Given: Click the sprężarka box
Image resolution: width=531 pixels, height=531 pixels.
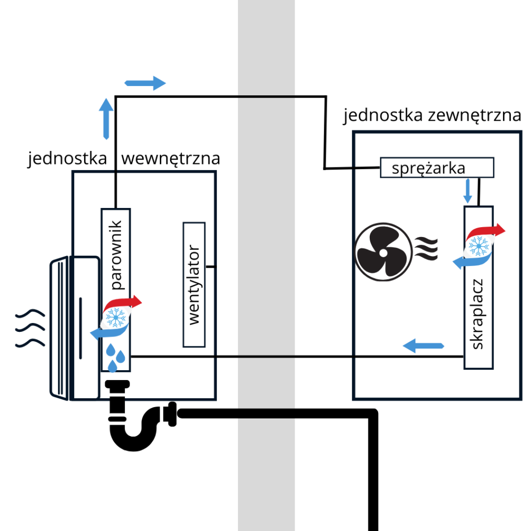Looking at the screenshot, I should [x=437, y=167].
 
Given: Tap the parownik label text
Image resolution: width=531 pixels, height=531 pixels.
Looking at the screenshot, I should [x=116, y=255].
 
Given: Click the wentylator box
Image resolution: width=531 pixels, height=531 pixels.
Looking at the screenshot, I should [x=194, y=285].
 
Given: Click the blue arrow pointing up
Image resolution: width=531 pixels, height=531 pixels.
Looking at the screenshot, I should [x=106, y=118].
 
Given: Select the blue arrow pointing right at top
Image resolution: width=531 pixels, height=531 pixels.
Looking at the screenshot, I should [x=145, y=83].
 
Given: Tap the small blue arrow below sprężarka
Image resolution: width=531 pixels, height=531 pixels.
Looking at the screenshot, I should [x=468, y=191].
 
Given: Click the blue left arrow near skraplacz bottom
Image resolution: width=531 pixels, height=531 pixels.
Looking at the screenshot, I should [x=424, y=345].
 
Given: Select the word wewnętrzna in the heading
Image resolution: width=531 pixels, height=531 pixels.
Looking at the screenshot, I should [x=171, y=158].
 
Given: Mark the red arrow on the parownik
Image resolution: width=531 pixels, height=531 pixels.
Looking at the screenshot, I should [x=124, y=303].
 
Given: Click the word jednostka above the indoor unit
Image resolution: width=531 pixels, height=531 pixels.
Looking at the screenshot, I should [x=67, y=158].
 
